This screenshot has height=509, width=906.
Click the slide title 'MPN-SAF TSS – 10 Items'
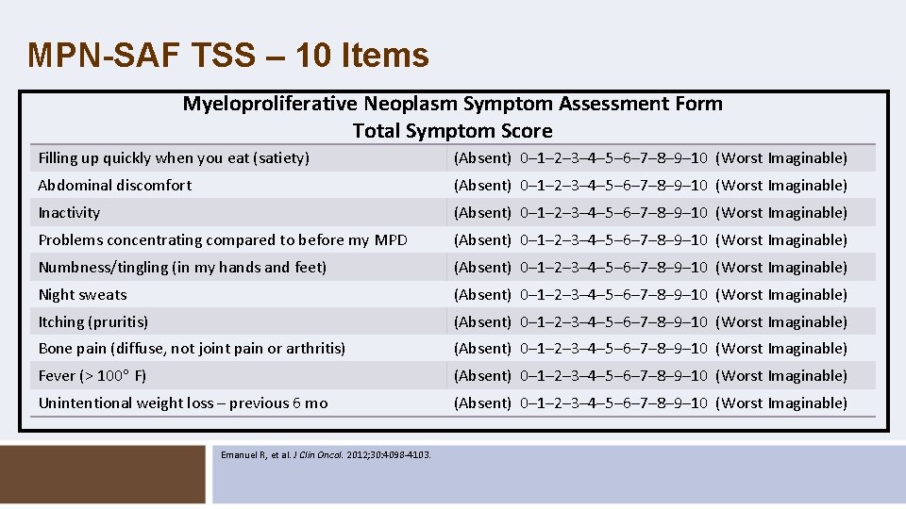[228, 56]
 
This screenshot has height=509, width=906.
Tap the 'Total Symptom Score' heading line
[452, 131]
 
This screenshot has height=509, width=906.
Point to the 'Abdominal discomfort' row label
[115, 186]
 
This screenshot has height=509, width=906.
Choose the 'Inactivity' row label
[69, 213]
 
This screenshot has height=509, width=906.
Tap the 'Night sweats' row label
[82, 295]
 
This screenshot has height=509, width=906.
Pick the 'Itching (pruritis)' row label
[93, 322]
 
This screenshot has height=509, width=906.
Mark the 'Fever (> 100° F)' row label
[92, 376]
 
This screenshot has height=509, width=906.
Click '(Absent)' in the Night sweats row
[482, 295]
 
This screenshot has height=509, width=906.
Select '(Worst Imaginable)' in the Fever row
[781, 376]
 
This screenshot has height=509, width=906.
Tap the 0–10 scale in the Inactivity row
[613, 213]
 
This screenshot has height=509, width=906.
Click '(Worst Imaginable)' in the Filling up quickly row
[781, 158]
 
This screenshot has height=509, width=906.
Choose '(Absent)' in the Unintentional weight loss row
[482, 403]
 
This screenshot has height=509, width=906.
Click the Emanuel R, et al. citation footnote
[326, 454]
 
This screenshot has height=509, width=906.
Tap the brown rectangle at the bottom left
[103, 472]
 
